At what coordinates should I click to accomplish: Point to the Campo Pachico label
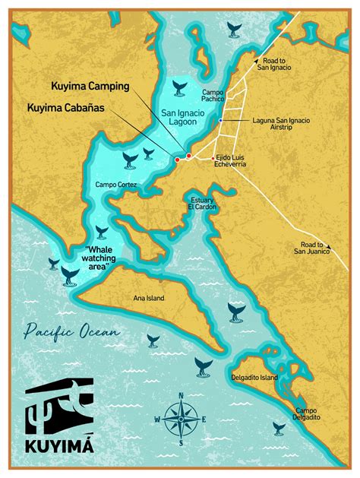click(212, 96)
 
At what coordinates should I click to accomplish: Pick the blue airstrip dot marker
click(221, 121)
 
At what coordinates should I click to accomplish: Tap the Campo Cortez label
click(115, 185)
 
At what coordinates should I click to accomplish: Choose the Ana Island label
click(149, 297)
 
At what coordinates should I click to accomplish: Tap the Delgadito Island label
click(254, 377)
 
